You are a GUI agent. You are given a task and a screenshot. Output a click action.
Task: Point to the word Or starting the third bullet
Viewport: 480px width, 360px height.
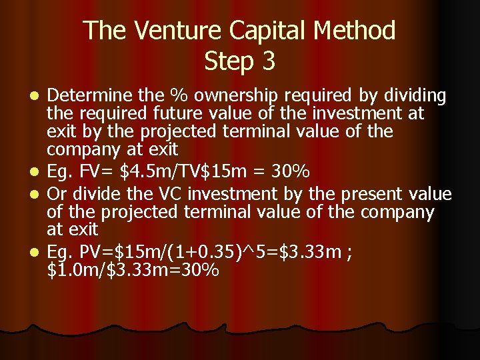pos(59,194)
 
